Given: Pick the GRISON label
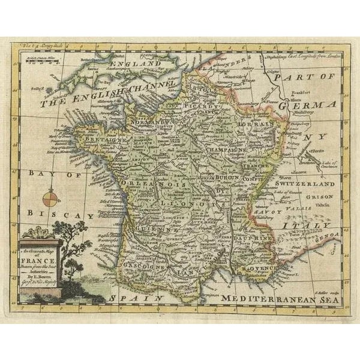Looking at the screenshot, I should (321, 196).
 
